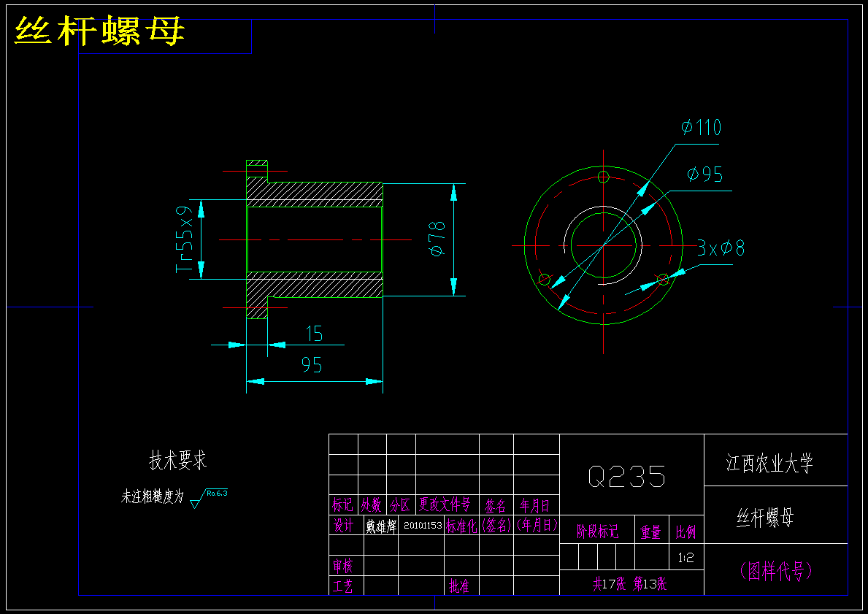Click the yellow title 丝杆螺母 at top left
click(100, 32)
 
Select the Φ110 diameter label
click(701, 128)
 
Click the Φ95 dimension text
click(704, 174)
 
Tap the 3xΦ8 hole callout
click(721, 248)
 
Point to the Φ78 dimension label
click(437, 239)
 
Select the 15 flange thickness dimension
click(314, 334)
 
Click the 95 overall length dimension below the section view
click(312, 365)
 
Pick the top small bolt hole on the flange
click(603, 177)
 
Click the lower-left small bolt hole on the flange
click(544, 279)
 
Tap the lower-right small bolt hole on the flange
click(663, 279)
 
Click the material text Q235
click(627, 477)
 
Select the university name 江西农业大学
click(769, 463)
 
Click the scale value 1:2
click(686, 559)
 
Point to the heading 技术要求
click(178, 461)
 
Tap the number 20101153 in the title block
click(423, 525)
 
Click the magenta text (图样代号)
click(775, 570)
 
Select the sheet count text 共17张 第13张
click(629, 584)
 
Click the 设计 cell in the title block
click(344, 526)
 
